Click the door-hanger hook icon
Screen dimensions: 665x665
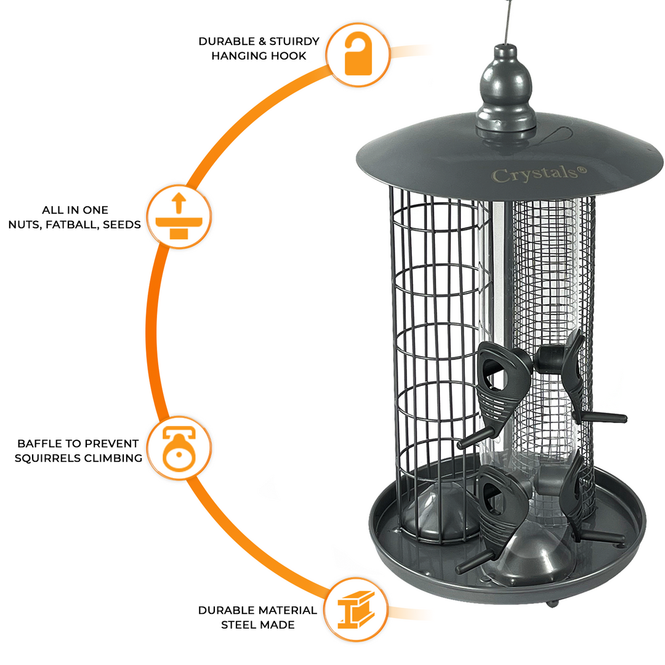coord(358,55)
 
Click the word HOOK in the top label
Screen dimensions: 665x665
coord(290,56)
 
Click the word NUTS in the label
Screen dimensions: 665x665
coord(25,225)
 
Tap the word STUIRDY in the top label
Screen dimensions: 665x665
coord(295,41)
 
